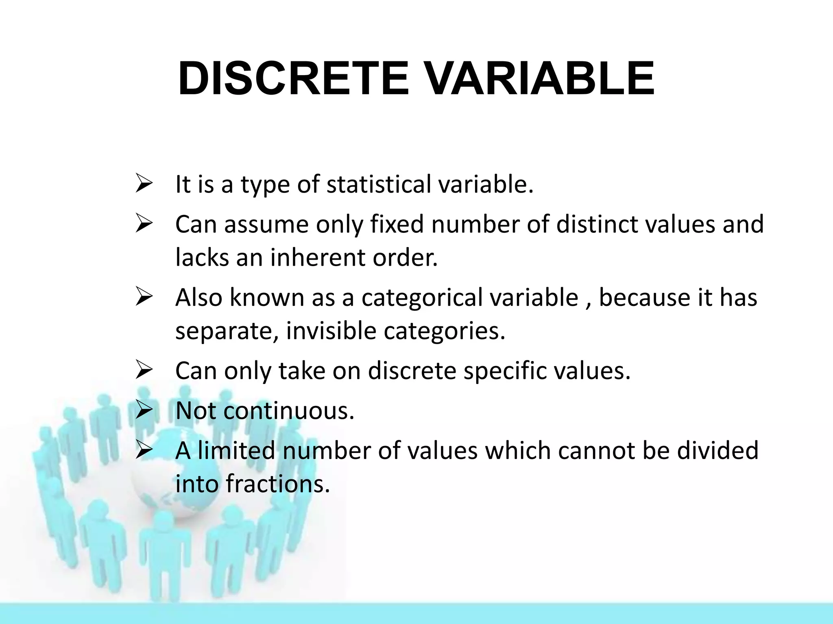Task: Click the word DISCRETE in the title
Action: [x=293, y=78]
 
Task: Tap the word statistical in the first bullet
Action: [x=378, y=184]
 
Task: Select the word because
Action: [x=644, y=297]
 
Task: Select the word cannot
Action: [x=596, y=451]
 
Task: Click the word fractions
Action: [x=277, y=484]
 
